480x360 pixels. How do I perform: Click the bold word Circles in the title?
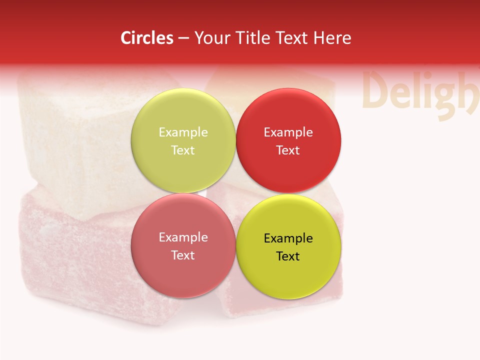coord(147,38)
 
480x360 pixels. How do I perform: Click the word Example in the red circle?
coord(288,132)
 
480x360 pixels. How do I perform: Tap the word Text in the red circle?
coord(288,150)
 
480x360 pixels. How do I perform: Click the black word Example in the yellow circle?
coord(288,238)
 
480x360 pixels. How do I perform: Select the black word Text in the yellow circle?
coord(288,256)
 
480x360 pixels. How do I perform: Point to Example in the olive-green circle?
coord(183,132)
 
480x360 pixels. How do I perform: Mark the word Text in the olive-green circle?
coord(183,150)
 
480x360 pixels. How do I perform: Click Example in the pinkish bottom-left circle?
coord(183,237)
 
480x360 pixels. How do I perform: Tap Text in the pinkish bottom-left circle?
coord(183,255)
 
